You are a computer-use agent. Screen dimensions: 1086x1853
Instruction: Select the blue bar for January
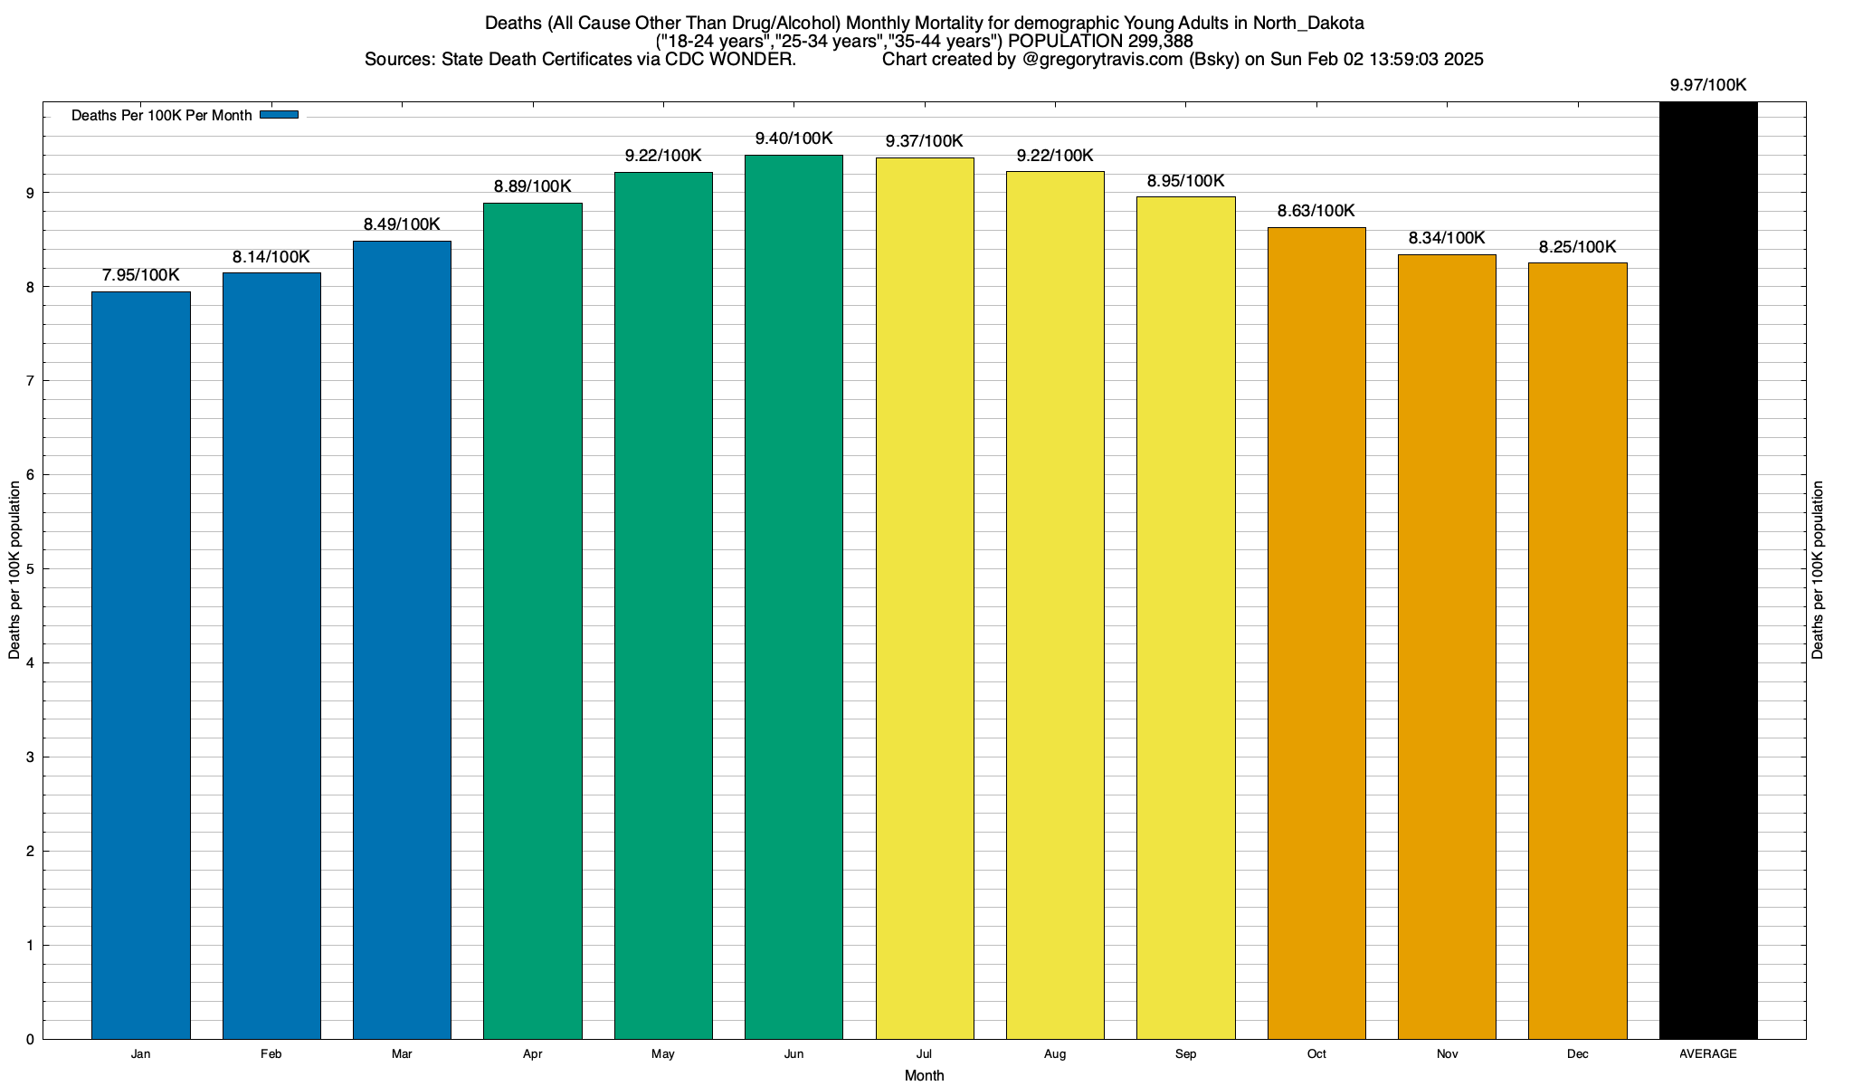tap(141, 665)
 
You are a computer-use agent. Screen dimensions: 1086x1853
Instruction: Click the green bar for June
tap(793, 597)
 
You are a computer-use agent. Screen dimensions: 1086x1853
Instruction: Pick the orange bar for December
tap(1577, 651)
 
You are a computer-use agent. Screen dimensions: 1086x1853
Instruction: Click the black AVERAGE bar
tap(1708, 570)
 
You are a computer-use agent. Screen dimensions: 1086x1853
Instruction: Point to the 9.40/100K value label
tap(793, 138)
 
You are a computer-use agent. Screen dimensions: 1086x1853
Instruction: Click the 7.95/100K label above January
tap(141, 275)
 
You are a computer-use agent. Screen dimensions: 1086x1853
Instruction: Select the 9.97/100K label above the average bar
tap(1708, 85)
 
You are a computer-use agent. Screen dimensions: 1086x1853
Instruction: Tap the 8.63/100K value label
tap(1316, 211)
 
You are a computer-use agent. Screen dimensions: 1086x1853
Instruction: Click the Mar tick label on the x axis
tap(402, 1054)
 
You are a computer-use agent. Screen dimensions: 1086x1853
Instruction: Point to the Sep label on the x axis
tap(1185, 1054)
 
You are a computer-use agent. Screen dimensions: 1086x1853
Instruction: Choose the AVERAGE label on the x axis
tap(1708, 1054)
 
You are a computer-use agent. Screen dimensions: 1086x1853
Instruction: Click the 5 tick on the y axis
tap(31, 569)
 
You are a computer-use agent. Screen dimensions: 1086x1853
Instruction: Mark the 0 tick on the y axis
tap(31, 1040)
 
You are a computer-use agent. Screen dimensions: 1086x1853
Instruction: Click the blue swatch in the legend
tap(279, 115)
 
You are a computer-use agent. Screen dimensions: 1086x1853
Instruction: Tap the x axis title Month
tap(924, 1075)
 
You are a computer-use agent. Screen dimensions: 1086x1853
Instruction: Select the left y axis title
tap(14, 570)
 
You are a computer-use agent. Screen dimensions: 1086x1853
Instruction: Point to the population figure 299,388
tap(1160, 42)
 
